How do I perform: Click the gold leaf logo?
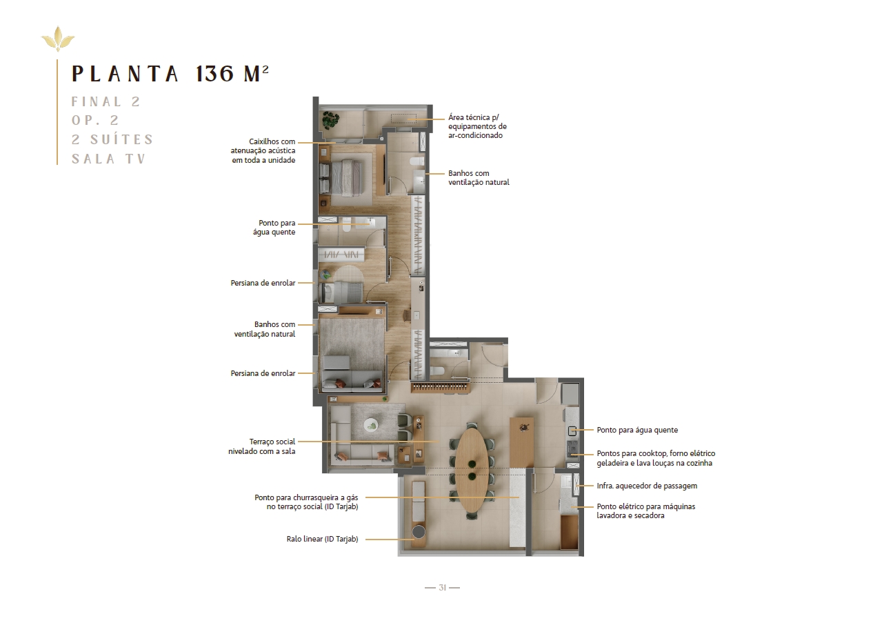tap(58, 39)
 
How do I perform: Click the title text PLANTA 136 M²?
tap(170, 73)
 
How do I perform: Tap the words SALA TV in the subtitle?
tap(109, 159)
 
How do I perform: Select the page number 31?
tap(443, 587)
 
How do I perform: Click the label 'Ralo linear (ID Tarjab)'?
tap(322, 539)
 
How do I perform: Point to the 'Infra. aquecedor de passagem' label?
tap(647, 486)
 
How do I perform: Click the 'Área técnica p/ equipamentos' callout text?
tap(477, 126)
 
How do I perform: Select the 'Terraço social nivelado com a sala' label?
tap(261, 446)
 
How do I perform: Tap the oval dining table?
tap(472, 471)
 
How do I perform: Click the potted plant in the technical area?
tap(330, 119)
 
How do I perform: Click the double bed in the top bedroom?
tap(346, 178)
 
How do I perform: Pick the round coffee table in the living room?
tap(372, 425)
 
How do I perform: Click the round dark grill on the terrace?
tap(419, 531)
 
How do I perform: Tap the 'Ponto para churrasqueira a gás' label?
tap(306, 502)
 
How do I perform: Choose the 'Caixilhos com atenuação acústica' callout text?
tap(263, 151)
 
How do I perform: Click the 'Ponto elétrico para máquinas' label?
tap(645, 511)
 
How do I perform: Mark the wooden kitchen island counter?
tap(521, 442)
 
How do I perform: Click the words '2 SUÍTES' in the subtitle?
tap(112, 139)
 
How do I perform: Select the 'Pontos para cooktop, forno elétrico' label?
tap(656, 458)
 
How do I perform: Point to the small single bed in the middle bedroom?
tap(342, 293)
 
